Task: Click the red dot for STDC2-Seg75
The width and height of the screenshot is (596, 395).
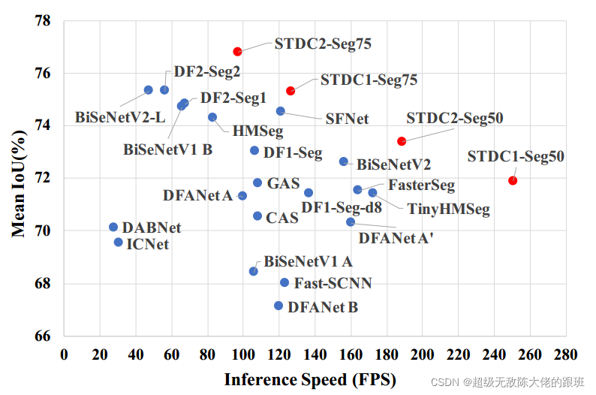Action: click(x=237, y=52)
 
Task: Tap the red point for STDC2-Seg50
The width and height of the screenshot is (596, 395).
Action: click(x=402, y=141)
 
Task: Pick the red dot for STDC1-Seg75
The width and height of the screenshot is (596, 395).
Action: click(x=290, y=91)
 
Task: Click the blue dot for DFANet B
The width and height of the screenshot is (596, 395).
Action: click(x=278, y=306)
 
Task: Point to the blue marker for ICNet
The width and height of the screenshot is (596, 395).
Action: click(x=118, y=242)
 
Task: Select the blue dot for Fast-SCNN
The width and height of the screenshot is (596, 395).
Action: click(x=284, y=282)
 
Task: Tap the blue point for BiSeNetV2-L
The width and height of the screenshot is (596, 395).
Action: click(x=149, y=90)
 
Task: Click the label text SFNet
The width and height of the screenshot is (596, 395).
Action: click(x=347, y=119)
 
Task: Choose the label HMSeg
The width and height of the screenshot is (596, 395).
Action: click(x=257, y=131)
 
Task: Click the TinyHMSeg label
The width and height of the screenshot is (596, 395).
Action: click(x=449, y=210)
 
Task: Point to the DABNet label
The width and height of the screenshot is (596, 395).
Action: click(x=152, y=228)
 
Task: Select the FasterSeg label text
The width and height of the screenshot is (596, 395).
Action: click(x=421, y=185)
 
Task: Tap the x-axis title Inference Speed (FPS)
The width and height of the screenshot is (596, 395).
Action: click(x=310, y=379)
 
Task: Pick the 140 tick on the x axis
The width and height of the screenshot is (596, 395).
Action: click(x=315, y=353)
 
